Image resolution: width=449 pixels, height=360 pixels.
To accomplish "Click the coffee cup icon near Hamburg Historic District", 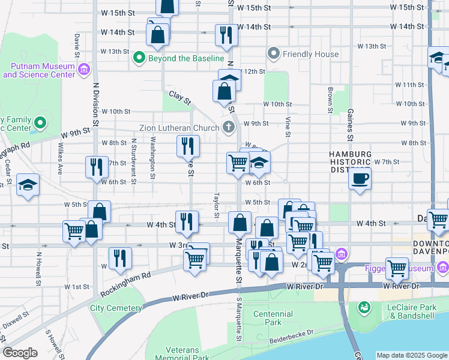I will coord(360,178).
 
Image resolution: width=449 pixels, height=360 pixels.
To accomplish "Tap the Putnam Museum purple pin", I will coord(84,70).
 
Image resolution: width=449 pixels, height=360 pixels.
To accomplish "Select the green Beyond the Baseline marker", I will coord(139,58).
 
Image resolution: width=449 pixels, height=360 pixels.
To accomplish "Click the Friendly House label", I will coord(311,54).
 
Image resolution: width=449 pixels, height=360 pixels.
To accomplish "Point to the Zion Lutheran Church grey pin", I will coord(228,127).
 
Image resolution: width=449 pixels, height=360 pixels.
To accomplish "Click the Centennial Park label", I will coord(276,318).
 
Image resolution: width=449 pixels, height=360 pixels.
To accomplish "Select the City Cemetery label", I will coord(116,308).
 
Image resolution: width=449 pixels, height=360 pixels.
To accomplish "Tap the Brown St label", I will coord(330,100).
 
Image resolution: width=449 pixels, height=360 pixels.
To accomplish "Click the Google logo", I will coord(20,353).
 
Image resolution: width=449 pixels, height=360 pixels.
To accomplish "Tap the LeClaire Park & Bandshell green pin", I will coord(364,308).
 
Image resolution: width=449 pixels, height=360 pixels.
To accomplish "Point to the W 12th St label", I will coord(252,71).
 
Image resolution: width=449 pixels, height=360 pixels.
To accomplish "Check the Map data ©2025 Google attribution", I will coord(411,355).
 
